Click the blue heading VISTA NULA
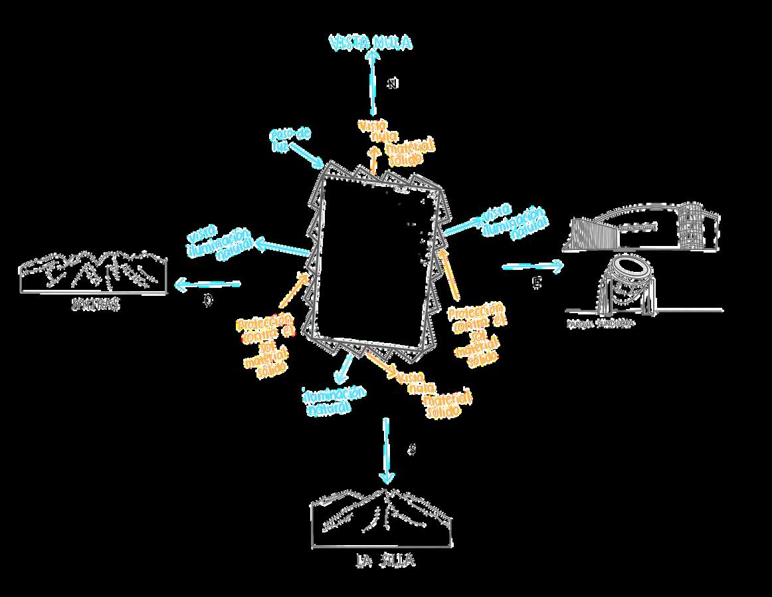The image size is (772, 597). click(x=371, y=43)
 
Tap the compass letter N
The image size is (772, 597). click(x=393, y=84)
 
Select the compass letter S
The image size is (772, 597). click(x=412, y=450)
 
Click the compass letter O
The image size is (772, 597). click(x=208, y=301)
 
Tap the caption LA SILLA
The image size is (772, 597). click(x=385, y=562)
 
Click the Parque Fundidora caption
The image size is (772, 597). click(x=600, y=324)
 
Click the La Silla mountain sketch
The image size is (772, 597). click(x=382, y=519)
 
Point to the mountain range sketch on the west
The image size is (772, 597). click(x=92, y=273)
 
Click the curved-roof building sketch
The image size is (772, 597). click(x=641, y=229)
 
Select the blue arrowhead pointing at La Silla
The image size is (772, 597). click(x=387, y=477)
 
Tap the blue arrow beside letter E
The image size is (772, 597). click(x=533, y=267)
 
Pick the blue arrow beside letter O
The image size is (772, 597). click(x=207, y=285)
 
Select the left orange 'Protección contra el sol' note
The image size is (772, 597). click(x=264, y=342)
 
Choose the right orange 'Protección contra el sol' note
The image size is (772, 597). click(x=476, y=334)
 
